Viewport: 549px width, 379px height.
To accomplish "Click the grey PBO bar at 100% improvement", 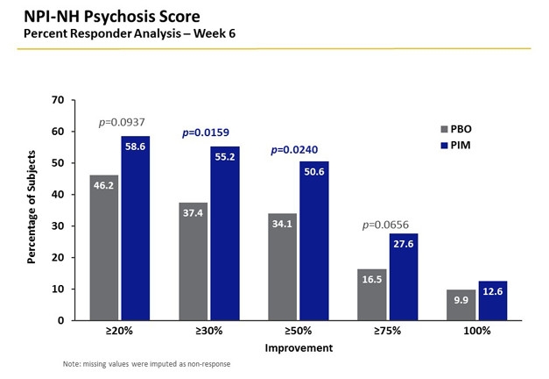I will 462,304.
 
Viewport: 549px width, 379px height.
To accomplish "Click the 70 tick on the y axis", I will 58,100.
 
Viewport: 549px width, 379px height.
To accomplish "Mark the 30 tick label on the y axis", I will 58,225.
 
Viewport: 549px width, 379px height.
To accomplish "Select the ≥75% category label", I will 388,333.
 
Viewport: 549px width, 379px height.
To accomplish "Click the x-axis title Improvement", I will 299,347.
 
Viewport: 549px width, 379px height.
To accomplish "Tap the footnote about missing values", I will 146,364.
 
